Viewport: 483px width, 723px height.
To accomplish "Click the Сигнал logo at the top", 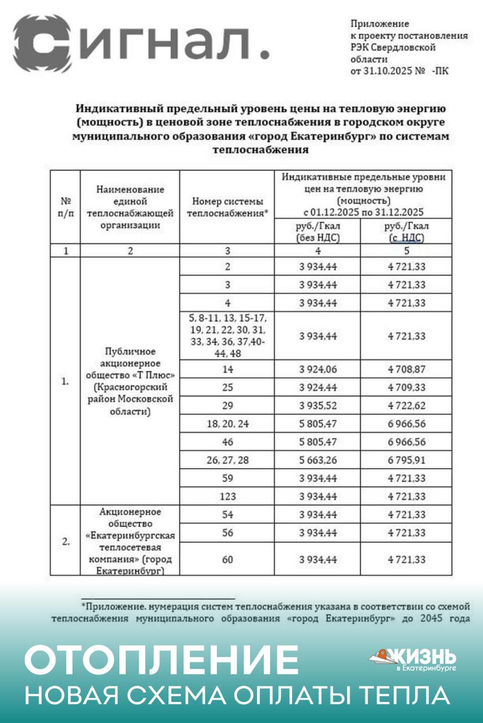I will tap(141, 43).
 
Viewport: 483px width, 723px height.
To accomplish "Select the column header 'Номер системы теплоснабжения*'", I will tap(227, 207).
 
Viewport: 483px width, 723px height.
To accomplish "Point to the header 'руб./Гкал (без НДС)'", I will tap(317, 232).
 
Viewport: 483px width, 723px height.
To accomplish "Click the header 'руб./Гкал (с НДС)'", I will tap(406, 232).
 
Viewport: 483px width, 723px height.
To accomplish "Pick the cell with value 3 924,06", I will tap(317, 369).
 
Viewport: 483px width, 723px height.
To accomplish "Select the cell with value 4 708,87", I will tap(406, 369).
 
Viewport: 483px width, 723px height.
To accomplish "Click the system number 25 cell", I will tap(227, 387).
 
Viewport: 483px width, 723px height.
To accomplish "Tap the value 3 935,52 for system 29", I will tap(317, 405).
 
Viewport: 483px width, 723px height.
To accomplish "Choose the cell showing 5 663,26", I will tap(317, 460).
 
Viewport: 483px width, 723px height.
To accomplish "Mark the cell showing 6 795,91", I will tap(406, 460).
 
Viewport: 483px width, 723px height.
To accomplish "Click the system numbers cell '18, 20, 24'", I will tap(227, 424).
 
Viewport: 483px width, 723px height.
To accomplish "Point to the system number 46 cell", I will tap(227, 442).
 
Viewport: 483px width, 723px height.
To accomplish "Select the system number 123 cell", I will tap(227, 496).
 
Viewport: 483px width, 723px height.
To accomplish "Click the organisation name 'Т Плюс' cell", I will tap(130, 381).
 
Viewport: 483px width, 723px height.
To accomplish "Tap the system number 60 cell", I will tap(227, 559).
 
